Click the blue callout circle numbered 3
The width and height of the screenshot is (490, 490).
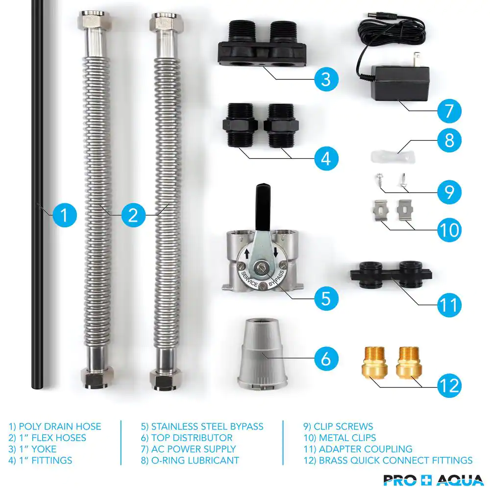326,79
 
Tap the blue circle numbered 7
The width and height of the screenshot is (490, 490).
449,111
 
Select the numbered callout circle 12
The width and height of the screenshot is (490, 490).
449,385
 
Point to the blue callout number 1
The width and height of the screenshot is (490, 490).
64,215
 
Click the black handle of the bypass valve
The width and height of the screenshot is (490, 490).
263,206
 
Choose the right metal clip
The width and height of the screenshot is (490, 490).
405,210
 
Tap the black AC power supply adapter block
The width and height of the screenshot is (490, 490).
400,83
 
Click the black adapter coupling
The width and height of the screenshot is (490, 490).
391,275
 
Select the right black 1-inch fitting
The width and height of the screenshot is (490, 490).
281,125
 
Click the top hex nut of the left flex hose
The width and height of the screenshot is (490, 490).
95,21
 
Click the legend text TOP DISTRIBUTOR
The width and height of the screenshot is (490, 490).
192,438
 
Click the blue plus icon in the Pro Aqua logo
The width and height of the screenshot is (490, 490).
427,480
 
